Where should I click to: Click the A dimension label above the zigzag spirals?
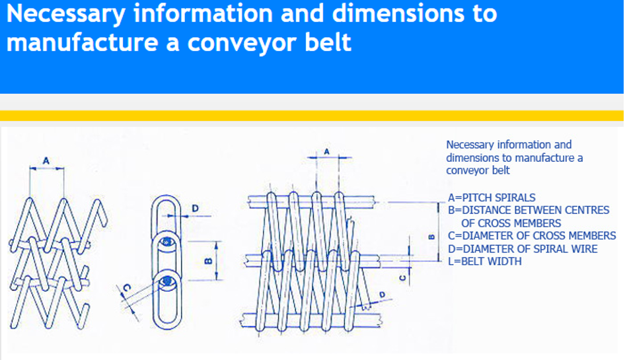click(46, 159)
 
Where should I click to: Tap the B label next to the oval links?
click(207, 262)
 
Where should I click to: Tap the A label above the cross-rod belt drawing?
click(326, 151)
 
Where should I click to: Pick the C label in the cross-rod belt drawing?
click(403, 277)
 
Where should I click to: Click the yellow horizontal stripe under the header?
click(312, 116)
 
